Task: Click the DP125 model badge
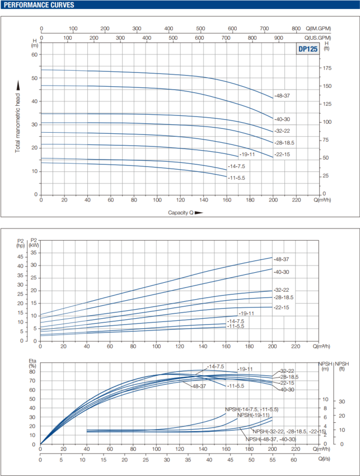(x=306, y=49)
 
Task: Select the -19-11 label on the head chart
(x=246, y=153)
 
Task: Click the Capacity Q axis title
(x=180, y=213)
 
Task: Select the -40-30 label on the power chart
(x=282, y=271)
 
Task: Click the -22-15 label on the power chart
(x=281, y=307)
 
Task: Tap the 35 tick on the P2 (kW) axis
(x=33, y=253)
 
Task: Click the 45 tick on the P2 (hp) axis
(x=21, y=257)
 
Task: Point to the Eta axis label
(x=32, y=365)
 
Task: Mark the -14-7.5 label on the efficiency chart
(x=216, y=366)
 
